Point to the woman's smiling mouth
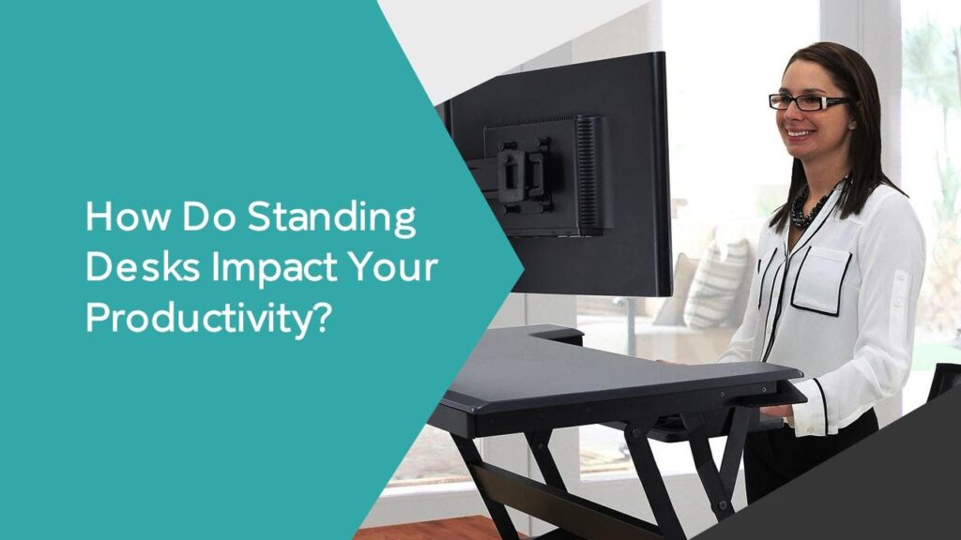800,134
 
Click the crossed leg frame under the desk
526,478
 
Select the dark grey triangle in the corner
873,487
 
